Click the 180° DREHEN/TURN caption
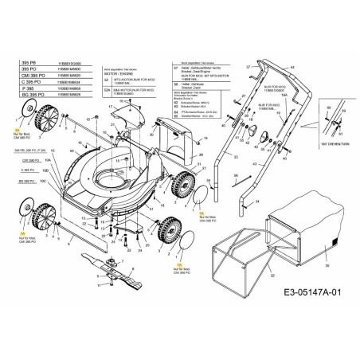(332, 141)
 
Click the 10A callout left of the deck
(46, 160)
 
